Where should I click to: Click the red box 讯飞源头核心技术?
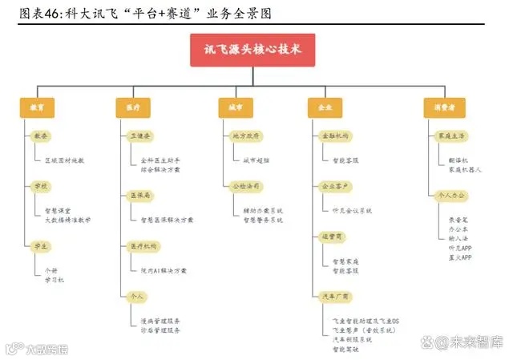click(x=252, y=50)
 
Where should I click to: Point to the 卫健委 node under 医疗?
click(x=141, y=136)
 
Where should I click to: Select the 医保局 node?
click(x=141, y=195)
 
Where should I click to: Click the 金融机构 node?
click(x=333, y=136)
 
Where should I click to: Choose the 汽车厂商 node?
click(x=333, y=296)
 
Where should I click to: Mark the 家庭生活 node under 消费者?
click(x=451, y=136)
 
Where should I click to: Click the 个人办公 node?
click(x=451, y=195)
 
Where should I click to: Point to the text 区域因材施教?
click(x=64, y=160)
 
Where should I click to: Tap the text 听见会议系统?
click(x=352, y=210)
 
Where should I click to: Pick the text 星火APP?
click(x=460, y=257)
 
